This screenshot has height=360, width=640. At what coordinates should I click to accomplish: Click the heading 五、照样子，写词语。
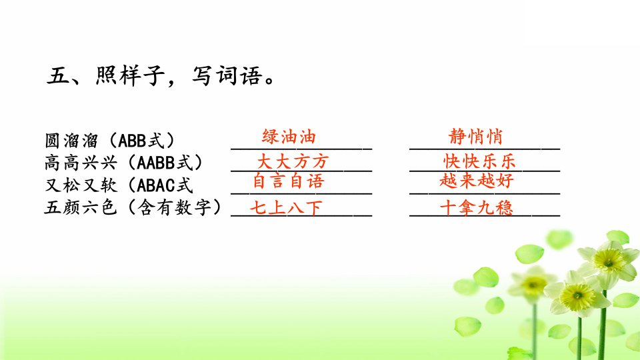161,76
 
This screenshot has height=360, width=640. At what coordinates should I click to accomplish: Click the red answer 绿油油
289,136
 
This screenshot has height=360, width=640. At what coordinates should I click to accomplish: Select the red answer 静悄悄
475,136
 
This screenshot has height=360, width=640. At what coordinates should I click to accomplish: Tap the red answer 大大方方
293,161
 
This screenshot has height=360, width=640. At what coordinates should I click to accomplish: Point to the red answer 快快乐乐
479,161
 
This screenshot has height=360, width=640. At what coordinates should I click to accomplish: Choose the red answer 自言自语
289,181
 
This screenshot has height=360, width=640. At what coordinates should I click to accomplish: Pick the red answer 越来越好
476,181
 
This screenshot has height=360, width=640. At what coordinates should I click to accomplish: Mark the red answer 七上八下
286,207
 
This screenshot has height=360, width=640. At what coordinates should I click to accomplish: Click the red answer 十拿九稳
476,207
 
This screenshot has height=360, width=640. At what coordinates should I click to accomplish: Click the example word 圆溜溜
71,141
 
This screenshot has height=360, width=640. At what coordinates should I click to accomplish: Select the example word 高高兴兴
81,163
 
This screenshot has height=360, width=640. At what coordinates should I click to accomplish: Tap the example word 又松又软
81,185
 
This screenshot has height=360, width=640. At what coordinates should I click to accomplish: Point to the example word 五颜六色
81,207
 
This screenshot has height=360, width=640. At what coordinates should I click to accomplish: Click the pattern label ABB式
141,141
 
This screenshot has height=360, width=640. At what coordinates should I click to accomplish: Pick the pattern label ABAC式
165,185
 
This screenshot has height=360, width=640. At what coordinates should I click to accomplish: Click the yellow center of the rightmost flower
609,259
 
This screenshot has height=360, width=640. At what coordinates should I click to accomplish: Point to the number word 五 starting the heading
57,76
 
